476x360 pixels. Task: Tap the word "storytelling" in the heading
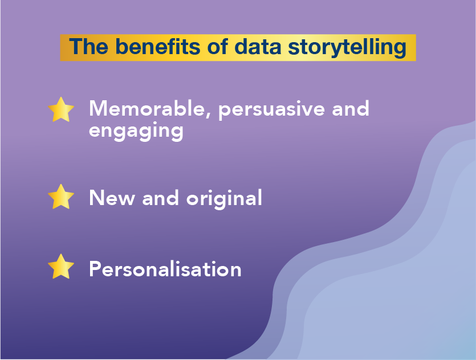coord(347,48)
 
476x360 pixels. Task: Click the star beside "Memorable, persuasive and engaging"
coord(61,110)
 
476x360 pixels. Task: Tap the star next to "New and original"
coord(61,197)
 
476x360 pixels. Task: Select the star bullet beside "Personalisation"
coord(61,267)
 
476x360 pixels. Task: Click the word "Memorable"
coord(147,109)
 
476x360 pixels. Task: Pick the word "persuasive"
coord(272,111)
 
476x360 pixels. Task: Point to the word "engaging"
coord(136,132)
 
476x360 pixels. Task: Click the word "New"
coord(112,198)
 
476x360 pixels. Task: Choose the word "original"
coord(225,199)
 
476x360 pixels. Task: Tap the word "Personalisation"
coord(165,269)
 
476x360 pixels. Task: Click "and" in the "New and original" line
coord(160,198)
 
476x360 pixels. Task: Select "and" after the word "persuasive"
coord(351,108)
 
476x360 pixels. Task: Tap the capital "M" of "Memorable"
coord(97,108)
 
